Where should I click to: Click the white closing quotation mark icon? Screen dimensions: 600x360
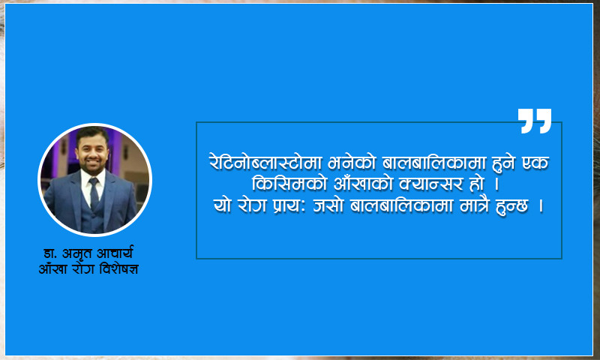pyautogui.click(x=535, y=121)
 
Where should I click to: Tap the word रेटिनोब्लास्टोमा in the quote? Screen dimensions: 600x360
pyautogui.click(x=265, y=163)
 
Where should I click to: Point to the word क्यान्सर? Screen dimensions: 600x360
pyautogui.click(x=430, y=184)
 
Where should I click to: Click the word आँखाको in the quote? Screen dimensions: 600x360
pyautogui.click(x=363, y=183)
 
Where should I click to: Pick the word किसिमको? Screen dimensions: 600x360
pyautogui.click(x=289, y=183)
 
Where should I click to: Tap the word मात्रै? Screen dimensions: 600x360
pyautogui.click(x=475, y=205)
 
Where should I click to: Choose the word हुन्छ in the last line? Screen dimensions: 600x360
pyautogui.click(x=511, y=206)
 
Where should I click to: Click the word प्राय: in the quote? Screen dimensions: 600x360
pyautogui.click(x=289, y=205)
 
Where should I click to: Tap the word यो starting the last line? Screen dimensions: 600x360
pyautogui.click(x=222, y=205)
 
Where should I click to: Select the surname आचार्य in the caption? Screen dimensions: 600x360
pyautogui.click(x=115, y=253)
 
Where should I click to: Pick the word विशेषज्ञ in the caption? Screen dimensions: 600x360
pyautogui.click(x=118, y=269)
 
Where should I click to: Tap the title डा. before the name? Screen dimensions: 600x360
pyautogui.click(x=50, y=253)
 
